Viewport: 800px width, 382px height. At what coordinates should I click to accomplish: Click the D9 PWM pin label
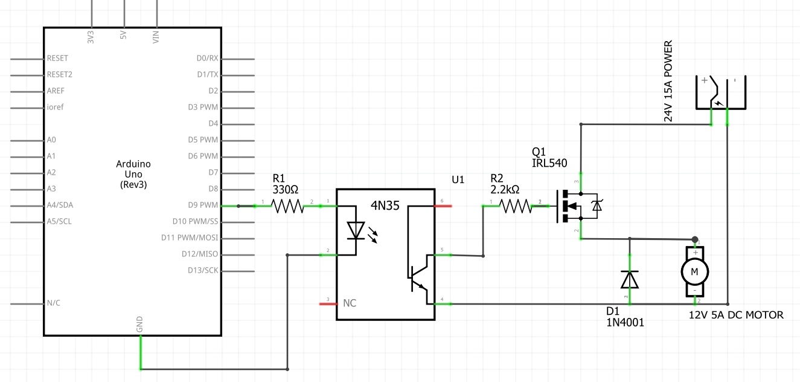203,205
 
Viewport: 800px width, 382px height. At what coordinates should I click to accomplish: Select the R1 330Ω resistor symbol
288,206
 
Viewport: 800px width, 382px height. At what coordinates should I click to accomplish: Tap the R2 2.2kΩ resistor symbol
514,206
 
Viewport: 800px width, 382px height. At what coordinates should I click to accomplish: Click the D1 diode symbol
630,279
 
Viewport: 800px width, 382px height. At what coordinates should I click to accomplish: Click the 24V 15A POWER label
668,82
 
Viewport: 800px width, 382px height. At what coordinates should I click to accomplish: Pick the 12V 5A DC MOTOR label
736,315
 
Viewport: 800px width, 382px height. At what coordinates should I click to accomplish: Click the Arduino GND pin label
139,325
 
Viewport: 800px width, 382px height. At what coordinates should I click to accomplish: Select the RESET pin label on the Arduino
57,59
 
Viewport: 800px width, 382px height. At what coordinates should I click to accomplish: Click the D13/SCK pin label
203,270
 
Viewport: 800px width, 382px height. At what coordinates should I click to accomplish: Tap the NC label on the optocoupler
349,303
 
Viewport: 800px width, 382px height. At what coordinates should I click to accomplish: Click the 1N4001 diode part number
625,323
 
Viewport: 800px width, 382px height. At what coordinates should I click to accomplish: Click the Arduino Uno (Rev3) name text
133,174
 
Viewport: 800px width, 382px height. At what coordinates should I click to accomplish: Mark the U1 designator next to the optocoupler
458,180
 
